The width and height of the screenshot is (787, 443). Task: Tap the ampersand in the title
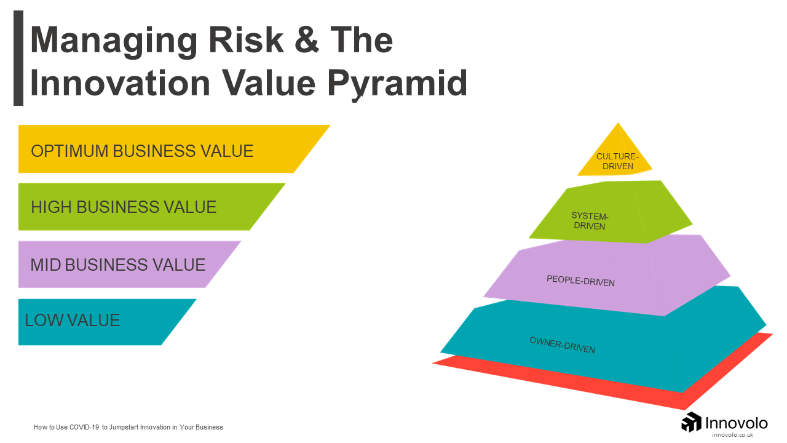[x=307, y=39]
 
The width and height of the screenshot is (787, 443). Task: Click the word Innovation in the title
[x=120, y=82]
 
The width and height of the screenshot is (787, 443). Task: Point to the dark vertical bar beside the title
[x=18, y=58]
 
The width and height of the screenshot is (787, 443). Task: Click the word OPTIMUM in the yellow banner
[x=69, y=151]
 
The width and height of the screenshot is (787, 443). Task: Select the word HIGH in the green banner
[x=51, y=207]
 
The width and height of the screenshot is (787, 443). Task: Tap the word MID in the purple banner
[x=45, y=265]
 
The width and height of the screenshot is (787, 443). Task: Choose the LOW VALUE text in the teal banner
[x=73, y=321]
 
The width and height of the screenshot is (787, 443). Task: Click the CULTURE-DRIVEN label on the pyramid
[x=617, y=161]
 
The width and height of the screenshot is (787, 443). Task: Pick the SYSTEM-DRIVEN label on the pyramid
[x=590, y=221]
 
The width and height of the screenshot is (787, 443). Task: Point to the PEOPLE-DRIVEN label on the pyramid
[x=580, y=281]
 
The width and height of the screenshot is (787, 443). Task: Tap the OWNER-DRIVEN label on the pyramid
[x=562, y=345]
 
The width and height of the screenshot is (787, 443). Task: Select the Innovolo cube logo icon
[x=691, y=422]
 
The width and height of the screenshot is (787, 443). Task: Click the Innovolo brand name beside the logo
[x=737, y=423]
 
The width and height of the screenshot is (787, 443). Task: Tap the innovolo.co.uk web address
[x=732, y=435]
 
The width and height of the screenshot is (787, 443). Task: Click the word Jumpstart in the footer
[x=124, y=428]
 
